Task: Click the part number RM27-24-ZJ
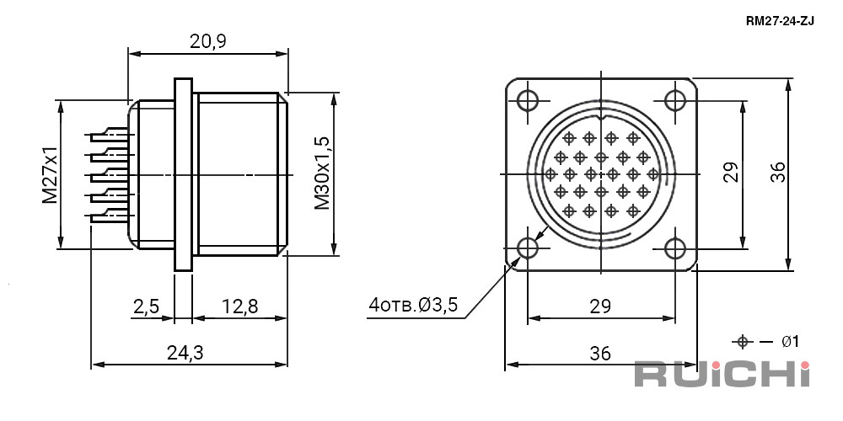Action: coord(780,22)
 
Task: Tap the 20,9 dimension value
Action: coord(208,41)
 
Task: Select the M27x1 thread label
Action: coord(50,174)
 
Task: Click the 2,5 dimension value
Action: coord(146,306)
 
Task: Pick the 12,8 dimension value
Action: coord(239,306)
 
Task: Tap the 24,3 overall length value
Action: coord(185,353)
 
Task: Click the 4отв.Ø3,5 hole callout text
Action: coord(413,305)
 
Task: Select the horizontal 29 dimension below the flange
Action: coord(600,306)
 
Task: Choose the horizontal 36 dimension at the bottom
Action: coord(600,354)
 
